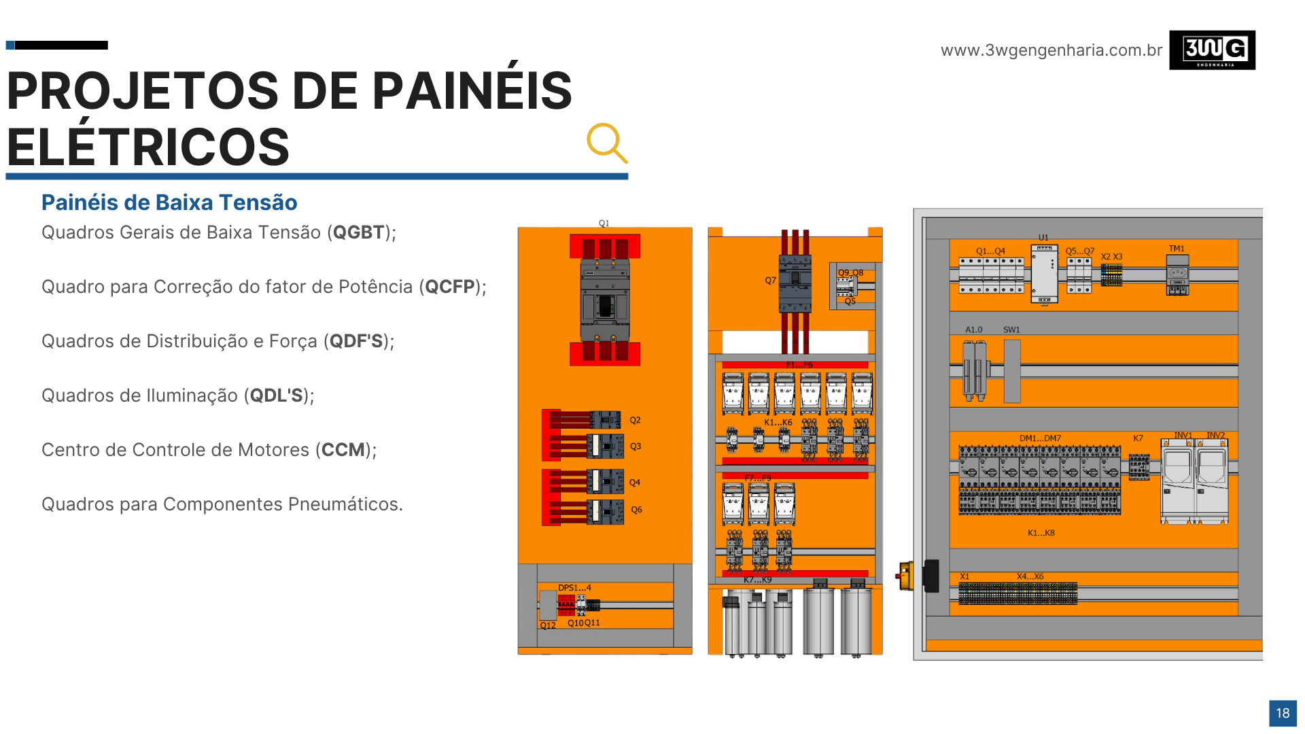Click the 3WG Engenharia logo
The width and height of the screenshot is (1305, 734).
click(x=1212, y=50)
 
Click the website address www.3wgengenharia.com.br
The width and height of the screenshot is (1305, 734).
click(x=1051, y=50)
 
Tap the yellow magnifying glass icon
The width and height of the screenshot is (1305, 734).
click(x=606, y=143)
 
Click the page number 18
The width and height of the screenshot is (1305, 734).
click(x=1283, y=713)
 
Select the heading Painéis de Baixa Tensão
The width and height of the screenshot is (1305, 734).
click(x=169, y=203)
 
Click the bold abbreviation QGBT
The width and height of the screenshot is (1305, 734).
click(x=358, y=232)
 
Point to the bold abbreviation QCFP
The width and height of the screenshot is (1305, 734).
click(x=449, y=287)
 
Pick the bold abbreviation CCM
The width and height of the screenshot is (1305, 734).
click(x=343, y=450)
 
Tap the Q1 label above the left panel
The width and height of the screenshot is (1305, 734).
click(x=604, y=223)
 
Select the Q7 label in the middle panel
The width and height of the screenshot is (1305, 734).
click(x=770, y=280)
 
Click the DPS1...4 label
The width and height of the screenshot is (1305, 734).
click(x=574, y=588)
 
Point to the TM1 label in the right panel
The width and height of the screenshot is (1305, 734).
click(x=1177, y=249)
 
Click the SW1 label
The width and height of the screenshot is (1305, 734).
click(x=1011, y=330)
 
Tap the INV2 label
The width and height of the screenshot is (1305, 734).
click(x=1215, y=436)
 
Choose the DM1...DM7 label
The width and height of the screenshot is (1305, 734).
click(x=1040, y=438)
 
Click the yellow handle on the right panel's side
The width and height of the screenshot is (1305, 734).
click(x=905, y=576)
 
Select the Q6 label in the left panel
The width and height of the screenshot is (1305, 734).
click(x=636, y=510)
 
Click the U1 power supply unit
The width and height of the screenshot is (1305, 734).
click(x=1044, y=274)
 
